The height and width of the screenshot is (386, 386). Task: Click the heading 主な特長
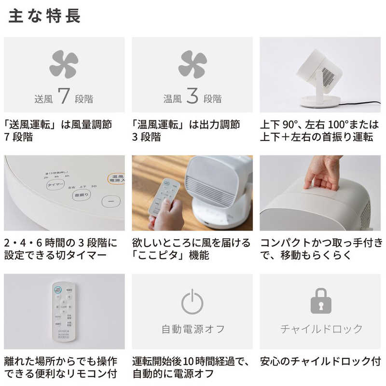click(x=45, y=16)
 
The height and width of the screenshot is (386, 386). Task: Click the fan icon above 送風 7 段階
click(x=64, y=64)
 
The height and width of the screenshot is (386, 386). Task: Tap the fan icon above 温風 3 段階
click(x=192, y=64)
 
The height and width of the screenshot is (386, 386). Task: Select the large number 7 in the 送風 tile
click(x=64, y=96)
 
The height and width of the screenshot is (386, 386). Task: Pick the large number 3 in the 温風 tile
click(x=192, y=96)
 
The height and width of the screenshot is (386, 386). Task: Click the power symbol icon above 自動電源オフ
click(x=192, y=302)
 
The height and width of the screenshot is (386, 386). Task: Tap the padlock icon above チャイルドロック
click(x=321, y=302)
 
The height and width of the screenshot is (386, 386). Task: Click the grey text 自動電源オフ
click(x=193, y=330)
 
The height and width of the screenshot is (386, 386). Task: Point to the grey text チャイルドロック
click(x=321, y=330)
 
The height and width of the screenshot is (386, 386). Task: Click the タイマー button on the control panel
click(x=56, y=184)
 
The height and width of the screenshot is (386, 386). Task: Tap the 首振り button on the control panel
click(x=81, y=195)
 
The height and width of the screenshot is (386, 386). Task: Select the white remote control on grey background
click(x=64, y=312)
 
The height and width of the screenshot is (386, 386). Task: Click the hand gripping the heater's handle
click(x=322, y=171)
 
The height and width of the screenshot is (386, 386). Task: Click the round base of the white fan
click(x=319, y=101)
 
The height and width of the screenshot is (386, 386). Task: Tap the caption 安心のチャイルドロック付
click(x=320, y=361)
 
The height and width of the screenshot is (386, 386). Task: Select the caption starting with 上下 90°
click(x=316, y=131)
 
